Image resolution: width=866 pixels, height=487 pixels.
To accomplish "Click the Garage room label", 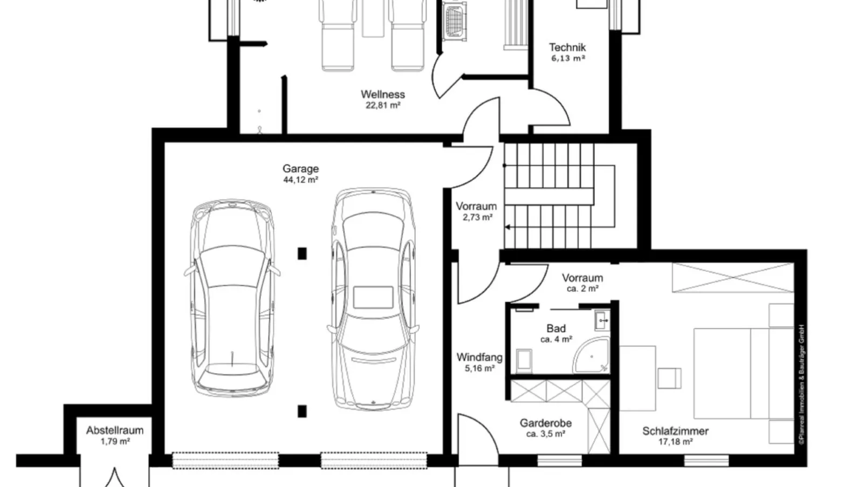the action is click(x=300, y=169).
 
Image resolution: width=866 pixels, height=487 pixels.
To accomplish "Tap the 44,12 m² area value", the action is click(x=300, y=180).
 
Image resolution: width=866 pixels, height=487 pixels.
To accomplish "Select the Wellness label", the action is click(x=383, y=94).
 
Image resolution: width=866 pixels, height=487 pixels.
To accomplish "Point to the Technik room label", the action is click(x=568, y=47).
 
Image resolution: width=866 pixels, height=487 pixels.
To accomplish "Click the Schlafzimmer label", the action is click(x=676, y=431).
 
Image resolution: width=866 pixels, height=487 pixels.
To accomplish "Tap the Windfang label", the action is click(x=479, y=358).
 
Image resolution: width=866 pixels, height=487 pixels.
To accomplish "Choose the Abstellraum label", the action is click(x=115, y=430).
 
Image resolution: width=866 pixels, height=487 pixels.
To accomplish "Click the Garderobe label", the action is click(x=546, y=423).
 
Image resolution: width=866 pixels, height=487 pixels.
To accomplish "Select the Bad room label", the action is click(x=556, y=328).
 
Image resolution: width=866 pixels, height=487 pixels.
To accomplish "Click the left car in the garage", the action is click(x=232, y=298).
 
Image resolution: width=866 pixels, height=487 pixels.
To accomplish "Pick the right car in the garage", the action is click(x=373, y=299).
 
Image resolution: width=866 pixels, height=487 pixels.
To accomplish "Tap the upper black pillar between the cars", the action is click(x=302, y=254).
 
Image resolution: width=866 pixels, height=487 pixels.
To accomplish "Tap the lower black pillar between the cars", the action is click(x=302, y=411).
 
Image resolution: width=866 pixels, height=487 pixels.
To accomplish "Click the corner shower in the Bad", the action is click(x=592, y=355).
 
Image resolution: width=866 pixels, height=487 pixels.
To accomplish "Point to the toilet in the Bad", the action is click(x=524, y=360).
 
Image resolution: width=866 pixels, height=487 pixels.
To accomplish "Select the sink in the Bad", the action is click(x=602, y=320).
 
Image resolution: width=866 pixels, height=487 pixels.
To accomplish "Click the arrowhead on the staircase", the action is click(x=507, y=227).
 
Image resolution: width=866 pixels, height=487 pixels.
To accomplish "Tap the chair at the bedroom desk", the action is click(x=669, y=378).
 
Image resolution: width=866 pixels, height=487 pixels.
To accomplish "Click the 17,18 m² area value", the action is click(x=676, y=442).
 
